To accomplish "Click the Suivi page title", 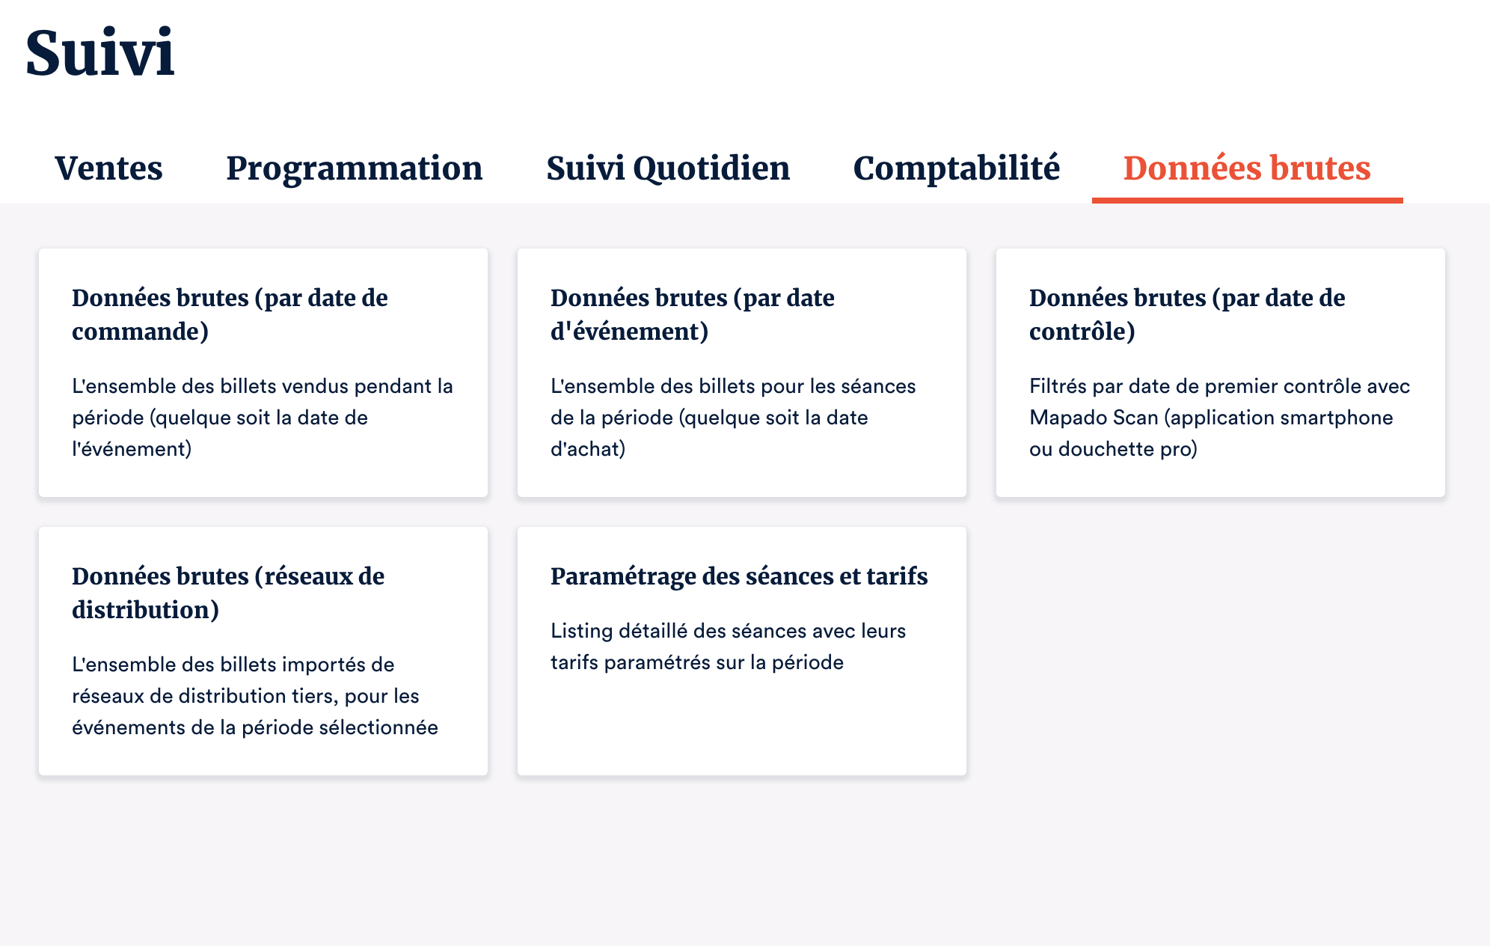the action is (99, 52).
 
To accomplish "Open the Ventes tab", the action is (108, 168).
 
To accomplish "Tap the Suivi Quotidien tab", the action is (668, 168).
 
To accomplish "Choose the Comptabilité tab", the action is (957, 168).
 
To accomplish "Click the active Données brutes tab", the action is (1247, 168).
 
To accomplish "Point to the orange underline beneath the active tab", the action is (1248, 200).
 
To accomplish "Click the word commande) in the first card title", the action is (140, 332).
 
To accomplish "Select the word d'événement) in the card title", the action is (629, 332).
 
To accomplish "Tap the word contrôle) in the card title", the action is (1082, 332).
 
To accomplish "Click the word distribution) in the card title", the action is (145, 610).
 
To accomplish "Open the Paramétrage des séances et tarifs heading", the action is (739, 576).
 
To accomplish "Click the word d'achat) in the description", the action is (588, 449).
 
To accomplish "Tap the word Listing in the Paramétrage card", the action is (582, 632).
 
